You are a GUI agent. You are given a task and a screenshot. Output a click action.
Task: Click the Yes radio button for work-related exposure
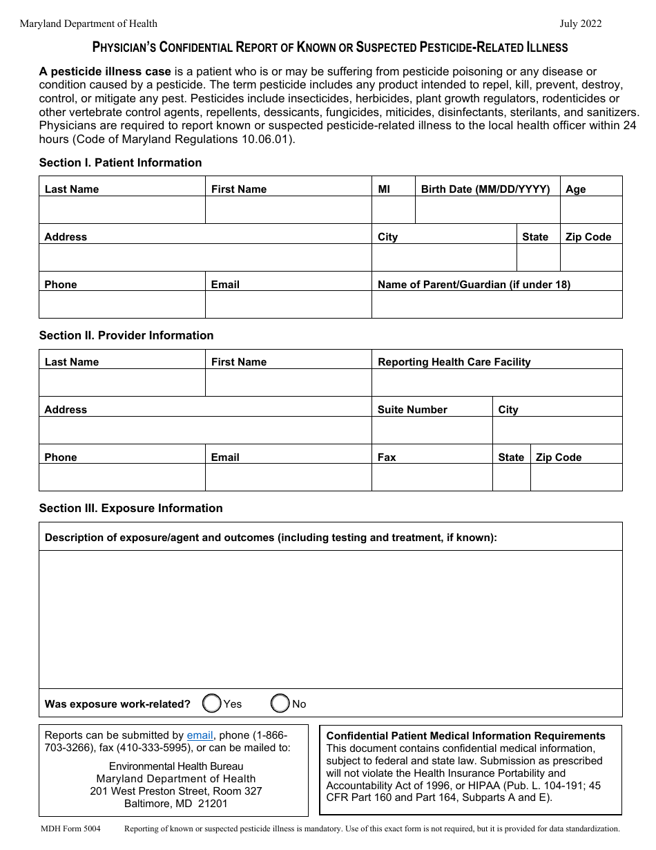pos(212,703)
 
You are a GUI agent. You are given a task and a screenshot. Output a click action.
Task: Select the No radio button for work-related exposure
pos(280,703)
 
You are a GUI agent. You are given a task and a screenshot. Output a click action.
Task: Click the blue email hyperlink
pos(200,735)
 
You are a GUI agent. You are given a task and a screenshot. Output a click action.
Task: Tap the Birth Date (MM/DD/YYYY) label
pos(485,189)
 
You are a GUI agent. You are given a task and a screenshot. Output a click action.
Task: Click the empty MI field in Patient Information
pos(393,210)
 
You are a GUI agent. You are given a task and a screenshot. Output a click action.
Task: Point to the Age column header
pos(575,189)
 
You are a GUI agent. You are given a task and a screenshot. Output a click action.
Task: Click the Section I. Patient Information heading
pos(120,162)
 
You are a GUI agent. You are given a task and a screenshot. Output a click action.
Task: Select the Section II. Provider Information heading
pos(126,335)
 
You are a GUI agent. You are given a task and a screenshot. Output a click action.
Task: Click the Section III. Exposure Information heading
pos(131,508)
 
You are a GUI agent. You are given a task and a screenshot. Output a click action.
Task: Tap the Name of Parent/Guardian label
pos(474,285)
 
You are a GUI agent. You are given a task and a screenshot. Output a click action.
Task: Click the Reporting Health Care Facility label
pos(454,362)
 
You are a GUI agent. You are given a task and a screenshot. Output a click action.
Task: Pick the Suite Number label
pos(412,410)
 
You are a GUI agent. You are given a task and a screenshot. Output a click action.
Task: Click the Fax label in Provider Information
pos(387,457)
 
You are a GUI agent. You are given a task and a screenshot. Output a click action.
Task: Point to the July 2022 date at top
pos(580,23)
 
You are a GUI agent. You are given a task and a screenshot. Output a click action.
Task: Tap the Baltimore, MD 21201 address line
pos(175,804)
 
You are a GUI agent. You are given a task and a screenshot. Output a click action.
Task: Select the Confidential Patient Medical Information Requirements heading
pos(465,736)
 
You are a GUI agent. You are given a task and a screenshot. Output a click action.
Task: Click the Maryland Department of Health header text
pos(88,23)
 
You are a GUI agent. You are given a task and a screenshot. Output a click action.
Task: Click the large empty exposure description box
pos(330,618)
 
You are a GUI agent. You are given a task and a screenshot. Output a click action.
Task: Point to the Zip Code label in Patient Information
pos(588,237)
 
